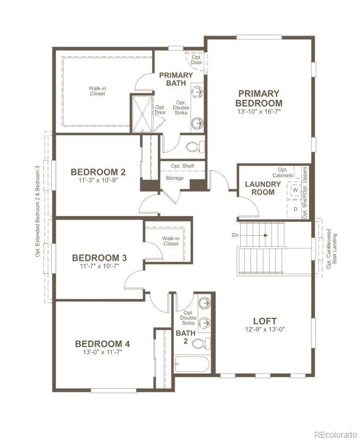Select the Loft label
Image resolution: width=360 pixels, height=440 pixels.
265,321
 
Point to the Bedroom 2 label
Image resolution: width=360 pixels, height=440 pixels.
98,172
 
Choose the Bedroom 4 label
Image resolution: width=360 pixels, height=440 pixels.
102,344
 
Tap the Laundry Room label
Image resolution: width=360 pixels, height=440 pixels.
263,188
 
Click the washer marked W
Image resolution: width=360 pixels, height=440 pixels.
295,190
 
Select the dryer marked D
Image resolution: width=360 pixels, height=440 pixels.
295,209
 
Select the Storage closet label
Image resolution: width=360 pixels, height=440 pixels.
174,178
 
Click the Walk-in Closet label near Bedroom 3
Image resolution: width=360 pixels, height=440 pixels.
170,241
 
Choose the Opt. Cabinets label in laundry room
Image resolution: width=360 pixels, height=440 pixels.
282,173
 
